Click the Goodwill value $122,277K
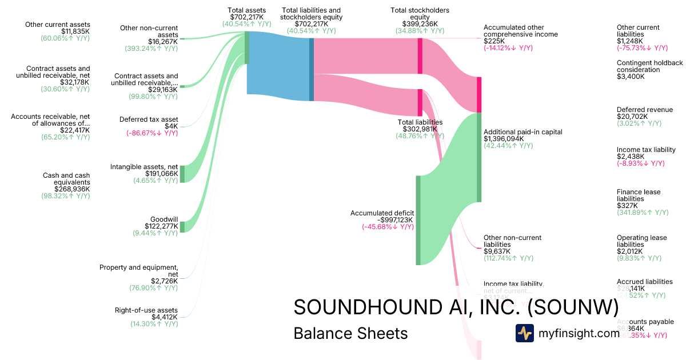[161, 226]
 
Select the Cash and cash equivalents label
[66, 178]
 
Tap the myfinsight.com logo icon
[524, 333]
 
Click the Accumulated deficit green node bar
[418, 220]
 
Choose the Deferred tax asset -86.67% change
[152, 133]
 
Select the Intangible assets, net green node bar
[182, 174]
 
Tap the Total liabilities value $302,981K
[420, 129]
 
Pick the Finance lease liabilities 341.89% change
[642, 213]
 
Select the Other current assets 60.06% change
[65, 38]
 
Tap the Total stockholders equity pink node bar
[420, 56]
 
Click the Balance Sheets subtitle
[350, 333]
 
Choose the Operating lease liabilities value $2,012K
[629, 251]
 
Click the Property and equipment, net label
[139, 270]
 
